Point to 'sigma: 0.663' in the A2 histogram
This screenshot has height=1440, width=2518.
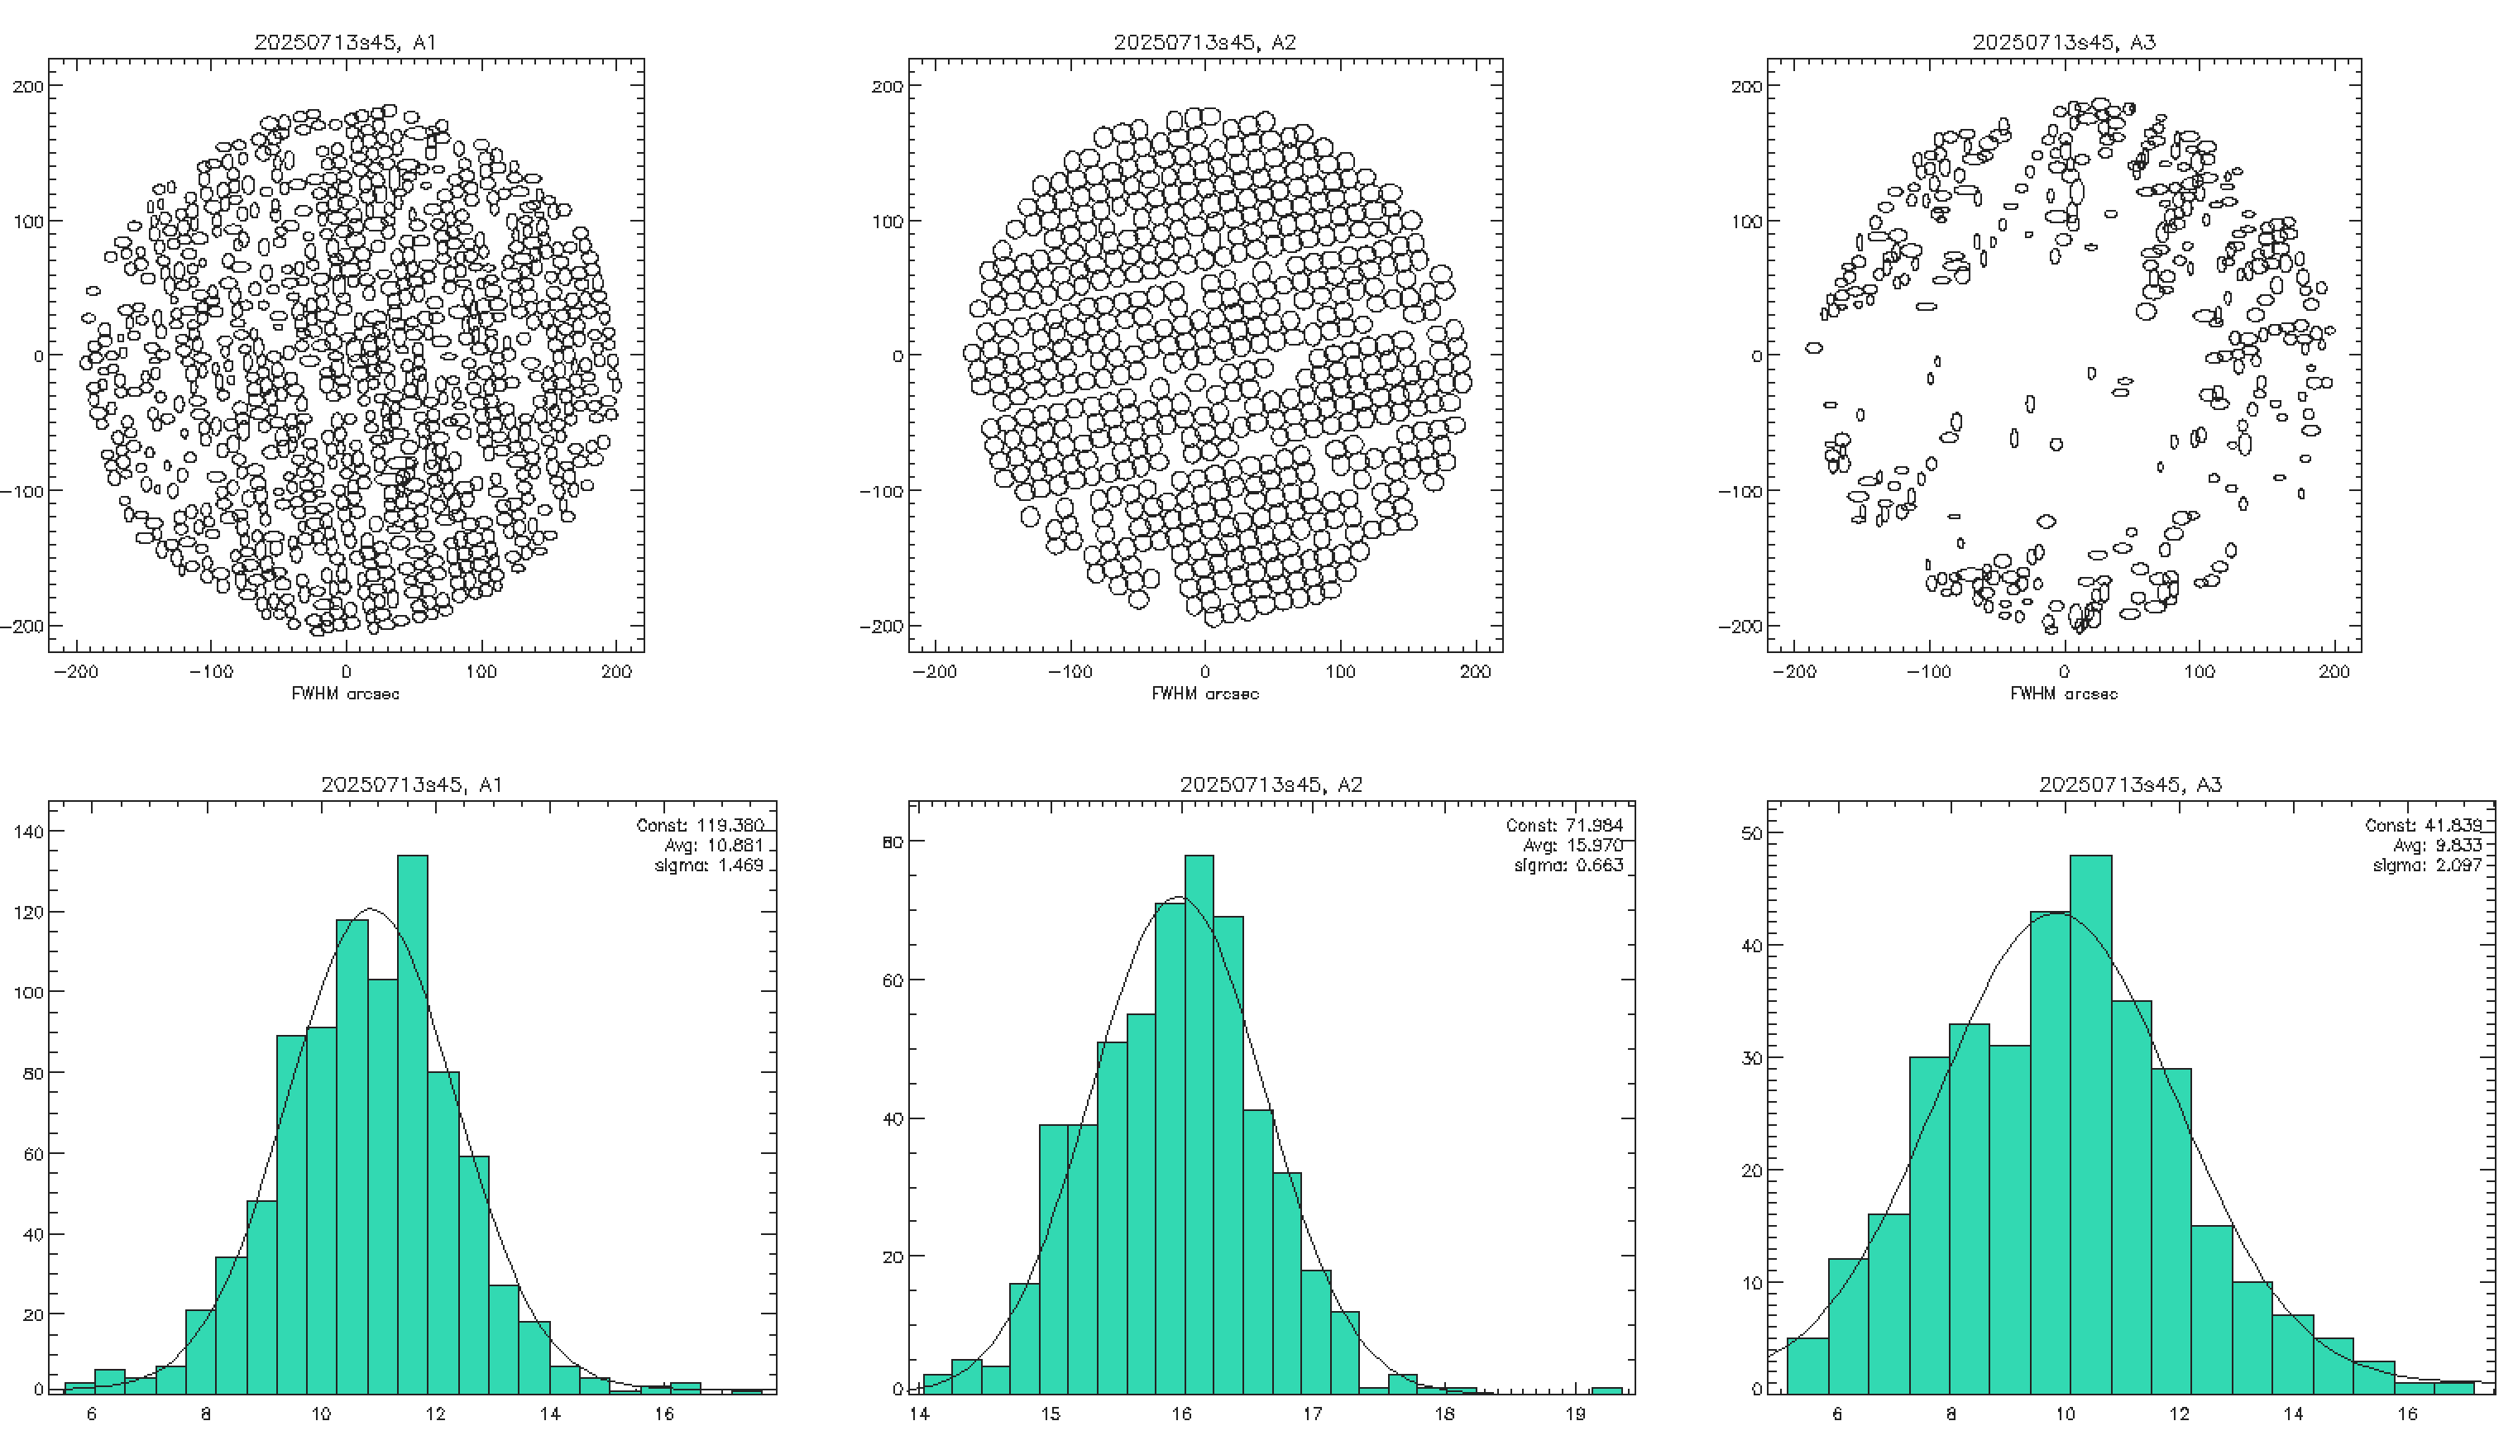[x=1568, y=866]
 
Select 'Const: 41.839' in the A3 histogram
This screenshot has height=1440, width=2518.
[x=2423, y=825]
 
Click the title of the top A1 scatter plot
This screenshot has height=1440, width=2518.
[x=345, y=41]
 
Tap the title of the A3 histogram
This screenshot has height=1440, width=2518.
[x=2130, y=784]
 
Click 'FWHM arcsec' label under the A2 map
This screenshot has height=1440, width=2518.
[x=1205, y=694]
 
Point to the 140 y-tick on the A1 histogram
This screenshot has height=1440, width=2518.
[x=29, y=832]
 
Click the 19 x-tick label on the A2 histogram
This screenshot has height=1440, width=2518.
[x=1575, y=1414]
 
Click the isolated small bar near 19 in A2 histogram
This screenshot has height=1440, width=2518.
[x=1606, y=1390]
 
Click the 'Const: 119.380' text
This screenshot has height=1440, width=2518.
[x=701, y=825]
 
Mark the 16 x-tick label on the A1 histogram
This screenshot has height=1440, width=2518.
[x=664, y=1414]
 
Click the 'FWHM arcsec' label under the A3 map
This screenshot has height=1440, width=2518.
[x=2064, y=694]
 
